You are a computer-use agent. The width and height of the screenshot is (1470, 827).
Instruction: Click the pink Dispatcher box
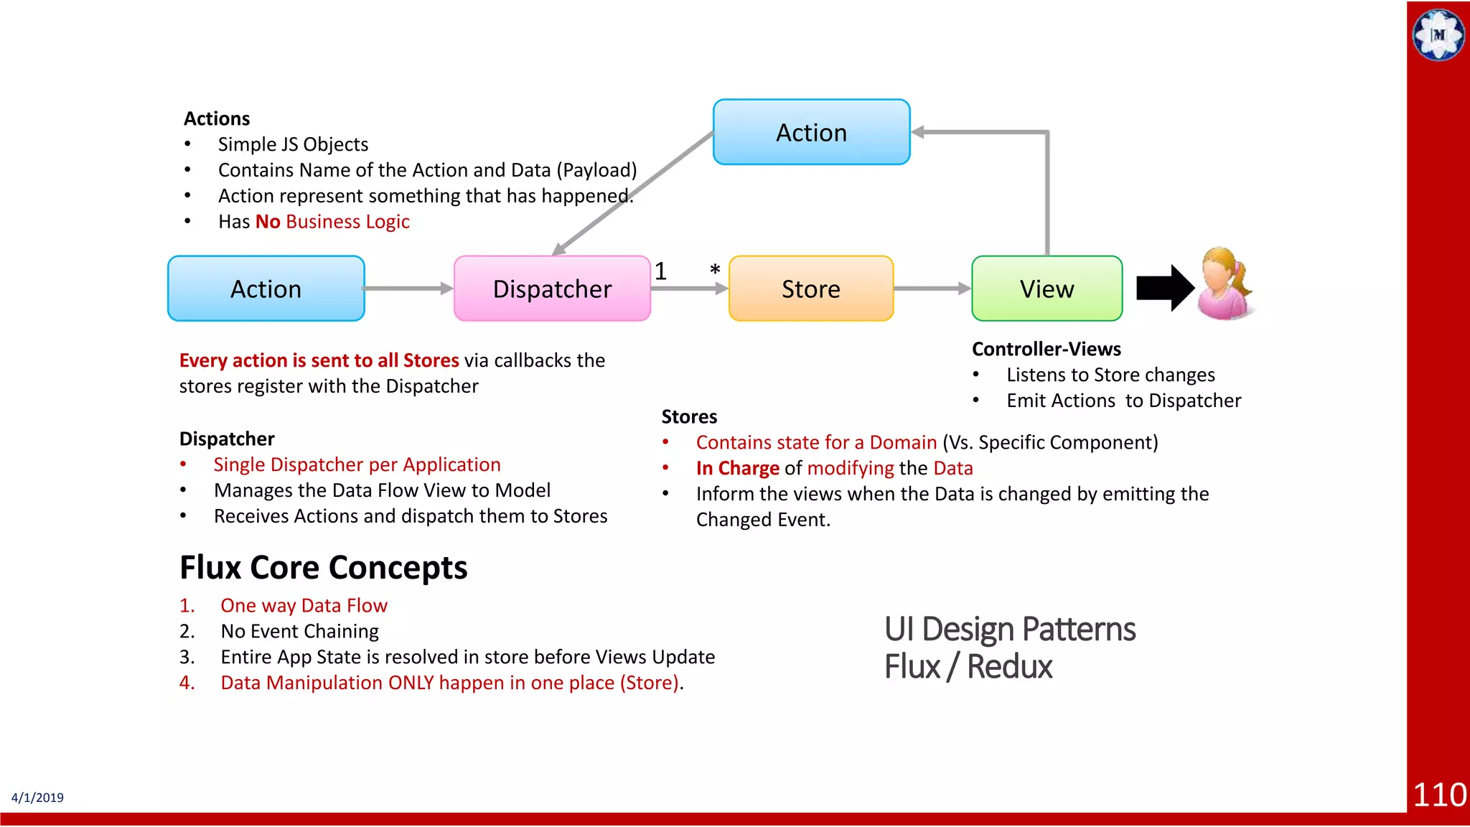[x=552, y=289]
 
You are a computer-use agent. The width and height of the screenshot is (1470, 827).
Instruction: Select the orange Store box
[x=811, y=289]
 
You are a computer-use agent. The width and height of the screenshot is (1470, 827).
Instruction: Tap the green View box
[x=1047, y=289]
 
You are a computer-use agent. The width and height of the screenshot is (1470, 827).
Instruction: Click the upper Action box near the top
[x=811, y=133]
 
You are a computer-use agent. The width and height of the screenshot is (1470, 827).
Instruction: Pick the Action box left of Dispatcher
[x=266, y=289]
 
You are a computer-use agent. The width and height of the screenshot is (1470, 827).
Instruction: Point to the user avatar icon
[x=1225, y=285]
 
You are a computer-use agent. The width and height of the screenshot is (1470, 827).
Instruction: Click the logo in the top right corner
[x=1438, y=34]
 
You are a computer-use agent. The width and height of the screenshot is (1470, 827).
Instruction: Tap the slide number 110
[x=1439, y=795]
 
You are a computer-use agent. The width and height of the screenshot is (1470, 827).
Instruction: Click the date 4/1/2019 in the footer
[x=37, y=798]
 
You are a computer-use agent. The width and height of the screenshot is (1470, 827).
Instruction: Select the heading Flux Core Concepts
[x=323, y=567]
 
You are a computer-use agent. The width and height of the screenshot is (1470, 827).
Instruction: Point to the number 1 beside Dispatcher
[x=660, y=271]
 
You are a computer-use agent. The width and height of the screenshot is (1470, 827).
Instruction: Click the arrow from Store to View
[x=932, y=289]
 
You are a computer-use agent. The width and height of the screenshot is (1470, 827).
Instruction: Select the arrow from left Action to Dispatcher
[x=408, y=289]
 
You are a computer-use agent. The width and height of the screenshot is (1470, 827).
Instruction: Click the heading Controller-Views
[x=1046, y=349]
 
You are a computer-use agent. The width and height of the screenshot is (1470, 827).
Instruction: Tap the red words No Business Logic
[x=332, y=222]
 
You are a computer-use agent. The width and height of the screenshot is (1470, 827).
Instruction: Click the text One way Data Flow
[x=304, y=606]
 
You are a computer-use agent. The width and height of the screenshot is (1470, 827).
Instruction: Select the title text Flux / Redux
[x=968, y=666]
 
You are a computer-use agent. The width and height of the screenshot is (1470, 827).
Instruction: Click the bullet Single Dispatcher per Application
[x=357, y=464]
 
